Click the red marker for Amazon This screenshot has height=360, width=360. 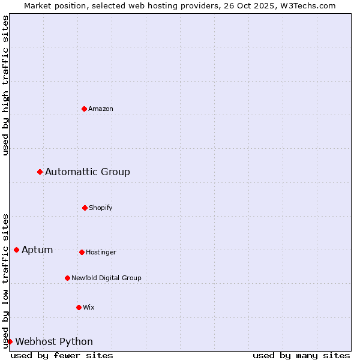(84, 109)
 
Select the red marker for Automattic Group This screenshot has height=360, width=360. (40, 172)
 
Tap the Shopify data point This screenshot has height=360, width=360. (85, 208)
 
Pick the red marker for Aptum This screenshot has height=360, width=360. (16, 250)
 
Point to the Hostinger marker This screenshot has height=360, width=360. (82, 252)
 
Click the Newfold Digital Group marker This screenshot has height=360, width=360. (67, 278)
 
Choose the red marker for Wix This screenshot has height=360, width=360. (79, 307)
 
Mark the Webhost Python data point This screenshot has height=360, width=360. (10, 341)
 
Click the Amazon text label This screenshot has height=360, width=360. (101, 109)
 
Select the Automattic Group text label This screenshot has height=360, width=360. (88, 172)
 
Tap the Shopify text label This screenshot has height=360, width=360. (101, 208)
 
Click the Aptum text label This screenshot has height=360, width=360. (37, 250)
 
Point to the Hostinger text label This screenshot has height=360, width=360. (101, 252)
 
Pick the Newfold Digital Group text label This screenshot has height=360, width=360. (107, 278)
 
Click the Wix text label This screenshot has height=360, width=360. (89, 307)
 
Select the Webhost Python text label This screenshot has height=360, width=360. (54, 341)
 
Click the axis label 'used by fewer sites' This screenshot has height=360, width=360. (62, 355)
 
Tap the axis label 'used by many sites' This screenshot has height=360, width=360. (301, 355)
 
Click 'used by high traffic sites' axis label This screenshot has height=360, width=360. (5, 85)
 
